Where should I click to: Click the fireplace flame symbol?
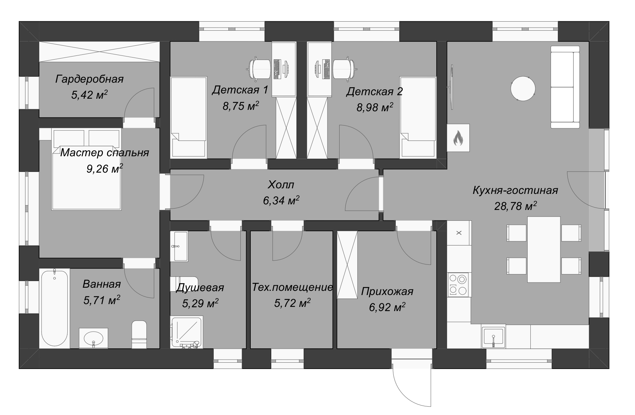458,138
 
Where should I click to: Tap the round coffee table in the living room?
523,88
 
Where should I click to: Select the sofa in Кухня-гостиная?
565,87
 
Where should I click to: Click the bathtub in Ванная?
54,308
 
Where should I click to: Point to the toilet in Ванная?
139,334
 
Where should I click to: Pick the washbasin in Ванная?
93,338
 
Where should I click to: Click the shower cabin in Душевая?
187,332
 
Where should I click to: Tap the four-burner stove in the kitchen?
458,285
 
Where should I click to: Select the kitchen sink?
493,337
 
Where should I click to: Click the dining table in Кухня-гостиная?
544,249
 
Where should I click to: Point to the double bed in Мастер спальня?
86,169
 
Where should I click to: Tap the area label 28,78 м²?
515,206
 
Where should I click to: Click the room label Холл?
281,184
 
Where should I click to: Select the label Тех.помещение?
292,287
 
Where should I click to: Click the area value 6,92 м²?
387,307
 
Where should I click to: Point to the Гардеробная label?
90,79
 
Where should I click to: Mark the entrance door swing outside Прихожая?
412,387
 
